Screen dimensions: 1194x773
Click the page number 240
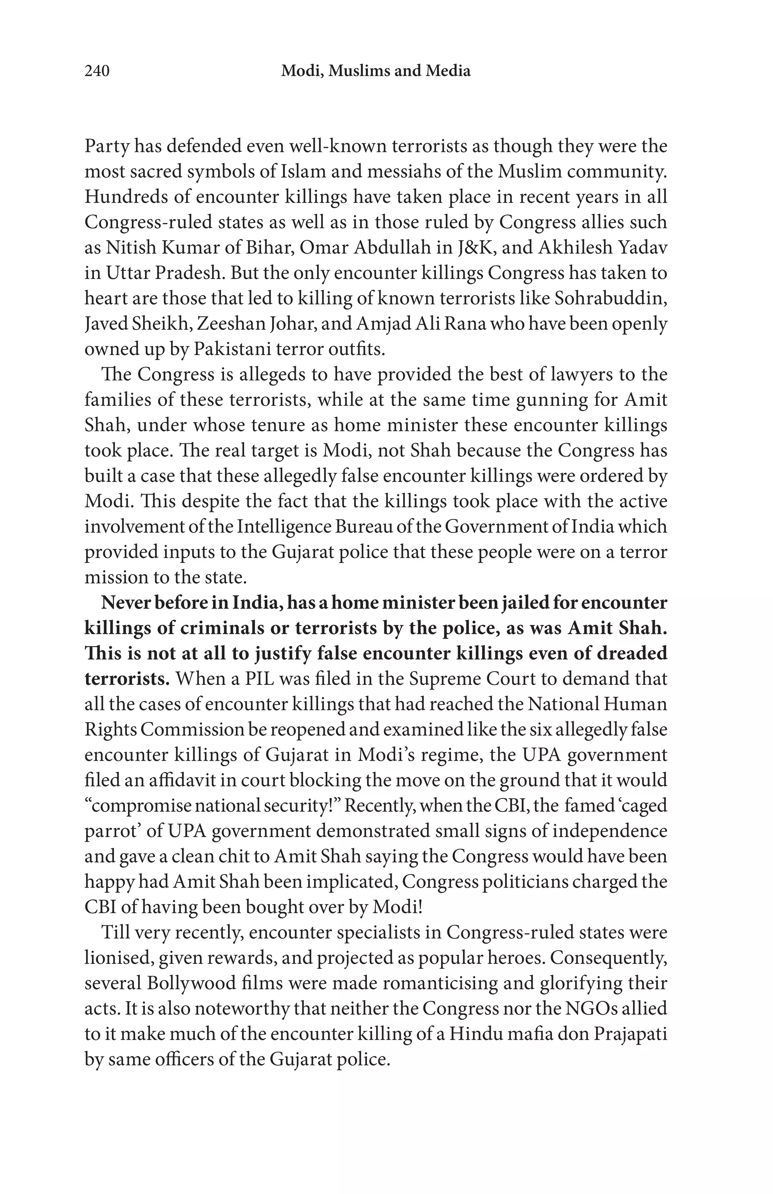click(x=97, y=71)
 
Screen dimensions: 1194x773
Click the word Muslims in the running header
click(x=355, y=71)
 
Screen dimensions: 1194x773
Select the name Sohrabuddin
click(x=610, y=298)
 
